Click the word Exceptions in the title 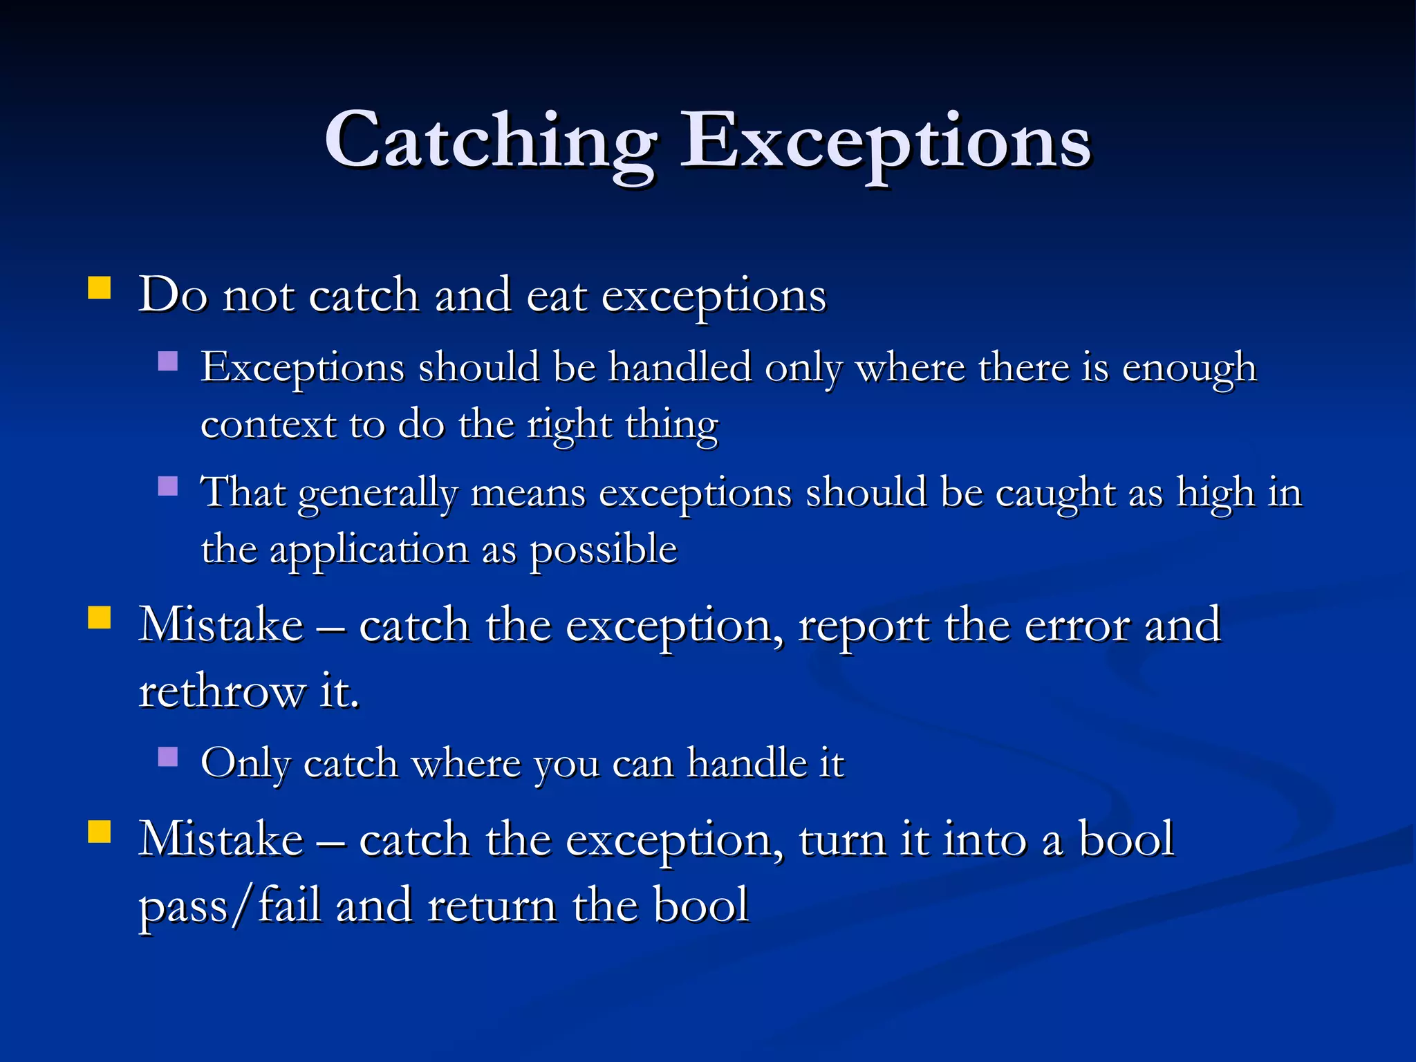pyautogui.click(x=885, y=142)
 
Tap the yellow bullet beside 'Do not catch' pyautogui.click(x=100, y=288)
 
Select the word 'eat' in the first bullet pyautogui.click(x=557, y=296)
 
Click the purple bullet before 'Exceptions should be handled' pyautogui.click(x=168, y=362)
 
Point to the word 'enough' pyautogui.click(x=1189, y=369)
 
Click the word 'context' pyautogui.click(x=268, y=425)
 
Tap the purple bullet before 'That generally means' pyautogui.click(x=168, y=487)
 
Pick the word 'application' pyautogui.click(x=369, y=551)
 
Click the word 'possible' pyautogui.click(x=604, y=551)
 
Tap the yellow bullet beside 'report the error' pyautogui.click(x=100, y=617)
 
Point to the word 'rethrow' pyautogui.click(x=222, y=691)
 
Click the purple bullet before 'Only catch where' pyautogui.click(x=168, y=757)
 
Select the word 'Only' pyautogui.click(x=245, y=765)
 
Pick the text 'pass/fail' pyautogui.click(x=230, y=906)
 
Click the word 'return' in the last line pyautogui.click(x=492, y=906)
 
